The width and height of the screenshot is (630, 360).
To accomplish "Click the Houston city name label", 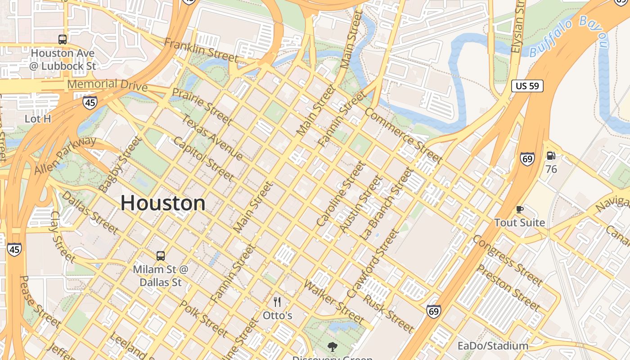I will coord(163,203).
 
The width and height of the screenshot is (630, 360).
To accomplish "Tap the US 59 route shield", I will coord(527,86).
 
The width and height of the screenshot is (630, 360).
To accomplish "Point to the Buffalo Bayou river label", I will coord(569,36).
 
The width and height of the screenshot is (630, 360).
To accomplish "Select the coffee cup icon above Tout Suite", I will coord(520,210).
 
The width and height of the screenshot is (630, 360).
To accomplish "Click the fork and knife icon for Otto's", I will coord(278,302).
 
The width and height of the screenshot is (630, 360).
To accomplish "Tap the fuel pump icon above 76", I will coord(551,156).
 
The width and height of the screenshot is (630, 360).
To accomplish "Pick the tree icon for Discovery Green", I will coord(333,346).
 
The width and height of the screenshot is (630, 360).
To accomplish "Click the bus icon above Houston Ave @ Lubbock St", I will coord(63,40).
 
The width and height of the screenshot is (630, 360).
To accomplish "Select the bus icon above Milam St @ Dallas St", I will coord(161,256).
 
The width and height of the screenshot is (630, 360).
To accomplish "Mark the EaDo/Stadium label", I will coord(493,346).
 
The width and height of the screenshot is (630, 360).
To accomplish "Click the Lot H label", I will coord(38,119).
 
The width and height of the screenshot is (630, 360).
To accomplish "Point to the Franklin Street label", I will coord(201,49).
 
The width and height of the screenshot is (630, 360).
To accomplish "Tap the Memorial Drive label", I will coord(107,85).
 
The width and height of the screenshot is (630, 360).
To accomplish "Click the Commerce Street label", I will coord(404,135).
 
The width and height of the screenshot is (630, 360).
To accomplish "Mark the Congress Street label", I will coord(507,260).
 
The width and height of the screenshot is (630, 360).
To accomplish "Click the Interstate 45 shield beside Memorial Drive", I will coord(90,103).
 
